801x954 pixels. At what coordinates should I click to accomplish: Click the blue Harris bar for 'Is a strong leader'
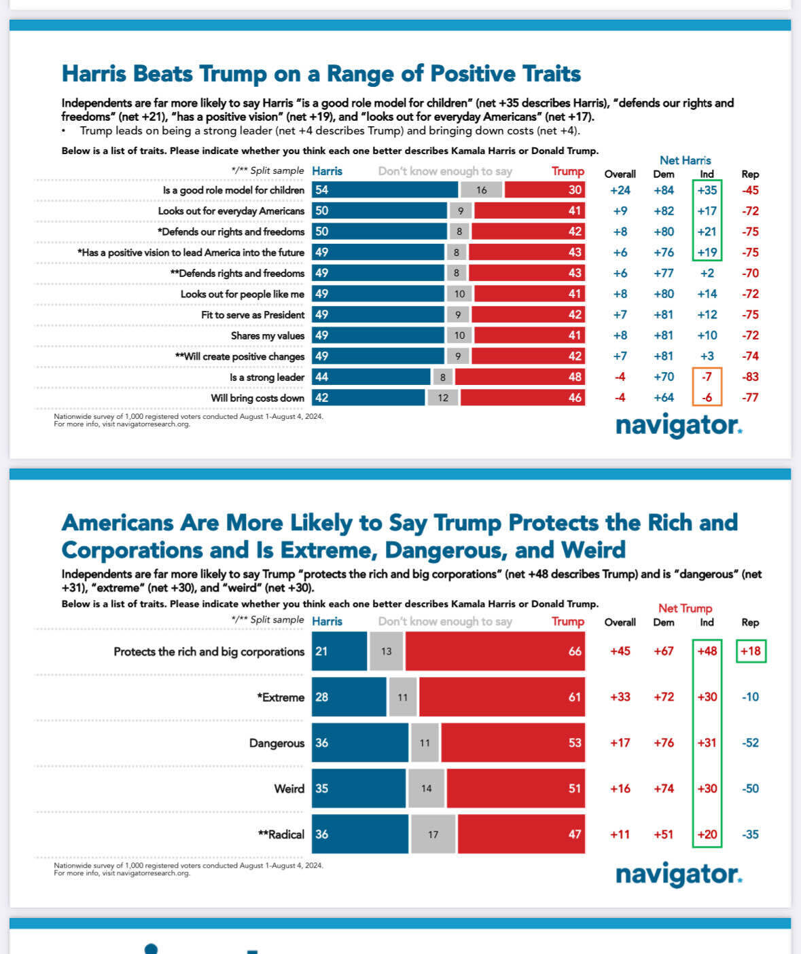[x=371, y=377]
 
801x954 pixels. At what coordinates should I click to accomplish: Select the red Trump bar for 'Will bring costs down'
[x=522, y=398]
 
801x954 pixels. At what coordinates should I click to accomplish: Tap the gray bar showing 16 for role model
[x=481, y=190]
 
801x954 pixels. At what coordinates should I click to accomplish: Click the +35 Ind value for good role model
[x=707, y=190]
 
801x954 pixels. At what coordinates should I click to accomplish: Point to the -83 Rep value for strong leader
[x=750, y=377]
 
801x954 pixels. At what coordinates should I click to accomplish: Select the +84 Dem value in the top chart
[x=664, y=190]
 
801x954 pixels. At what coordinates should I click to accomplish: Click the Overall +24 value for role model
[x=620, y=190]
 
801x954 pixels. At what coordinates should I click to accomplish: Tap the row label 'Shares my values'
[x=267, y=335]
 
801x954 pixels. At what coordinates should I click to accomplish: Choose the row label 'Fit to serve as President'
[x=253, y=315]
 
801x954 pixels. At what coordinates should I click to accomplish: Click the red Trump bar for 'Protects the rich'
[x=495, y=651]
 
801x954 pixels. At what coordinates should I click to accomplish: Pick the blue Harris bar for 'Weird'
[x=359, y=788]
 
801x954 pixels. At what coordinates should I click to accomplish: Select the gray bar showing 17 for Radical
[x=433, y=834]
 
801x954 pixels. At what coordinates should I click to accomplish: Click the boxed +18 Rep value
[x=750, y=651]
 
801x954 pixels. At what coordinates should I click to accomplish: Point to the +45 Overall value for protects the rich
[x=620, y=651]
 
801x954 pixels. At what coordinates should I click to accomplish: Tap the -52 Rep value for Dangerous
[x=750, y=743]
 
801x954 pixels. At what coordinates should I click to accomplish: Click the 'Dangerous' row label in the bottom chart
[x=277, y=744]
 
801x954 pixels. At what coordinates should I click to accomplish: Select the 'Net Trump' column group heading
[x=685, y=608]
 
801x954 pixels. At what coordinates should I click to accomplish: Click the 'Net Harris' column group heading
[x=685, y=160]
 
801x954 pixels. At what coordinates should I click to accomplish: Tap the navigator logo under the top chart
[x=678, y=426]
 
